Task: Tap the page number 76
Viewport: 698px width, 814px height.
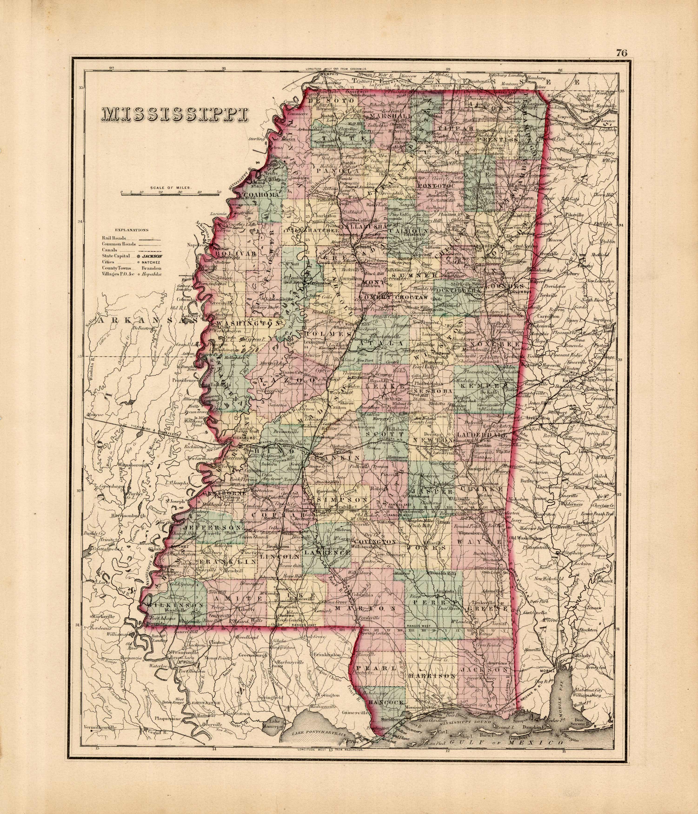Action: coord(621,53)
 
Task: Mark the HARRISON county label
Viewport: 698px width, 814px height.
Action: coord(432,676)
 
